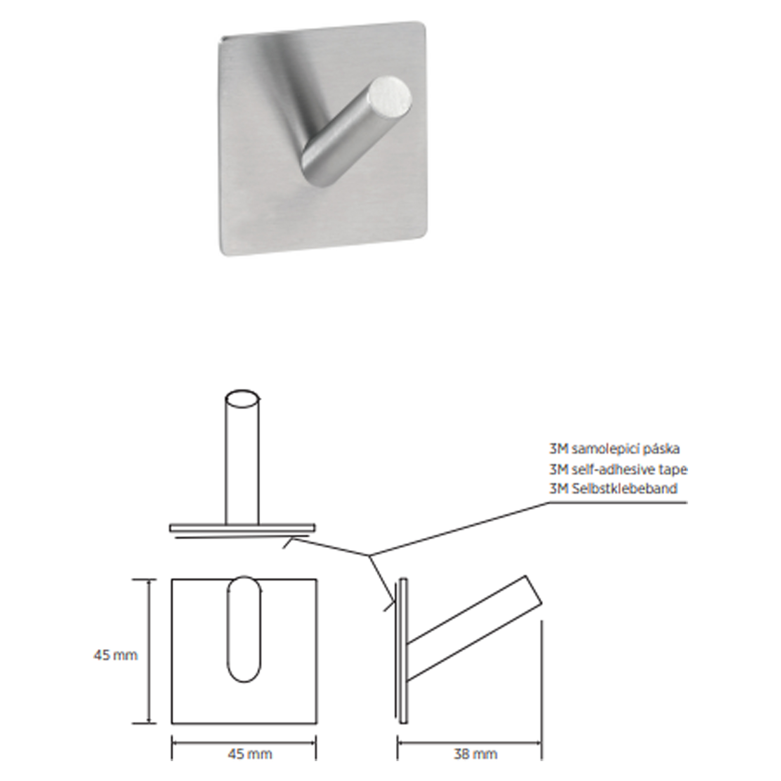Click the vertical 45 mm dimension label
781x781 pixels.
point(116,655)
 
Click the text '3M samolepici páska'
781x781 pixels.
point(614,449)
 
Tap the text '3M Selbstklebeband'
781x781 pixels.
point(613,489)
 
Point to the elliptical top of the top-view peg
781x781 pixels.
point(242,398)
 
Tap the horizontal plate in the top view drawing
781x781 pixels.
point(243,528)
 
